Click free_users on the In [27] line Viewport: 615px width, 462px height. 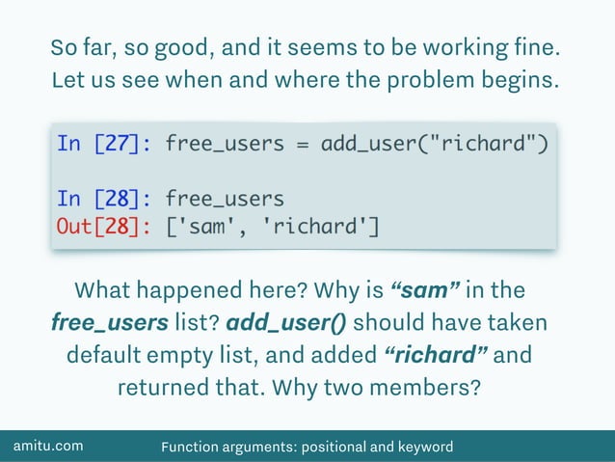225,144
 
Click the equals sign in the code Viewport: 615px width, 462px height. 302,144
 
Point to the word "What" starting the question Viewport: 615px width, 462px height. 103,290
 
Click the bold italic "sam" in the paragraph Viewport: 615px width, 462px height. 425,290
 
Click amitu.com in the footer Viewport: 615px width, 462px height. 47,446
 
